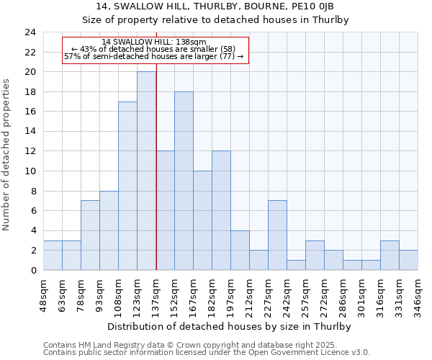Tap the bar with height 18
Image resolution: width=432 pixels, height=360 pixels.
184,181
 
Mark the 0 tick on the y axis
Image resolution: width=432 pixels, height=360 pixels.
32,270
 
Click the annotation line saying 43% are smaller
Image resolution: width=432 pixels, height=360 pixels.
153,49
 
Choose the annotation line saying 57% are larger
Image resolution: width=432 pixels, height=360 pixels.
153,56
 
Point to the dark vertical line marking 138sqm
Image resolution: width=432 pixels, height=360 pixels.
156,166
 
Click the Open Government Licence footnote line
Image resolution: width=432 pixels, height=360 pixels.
207,353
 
